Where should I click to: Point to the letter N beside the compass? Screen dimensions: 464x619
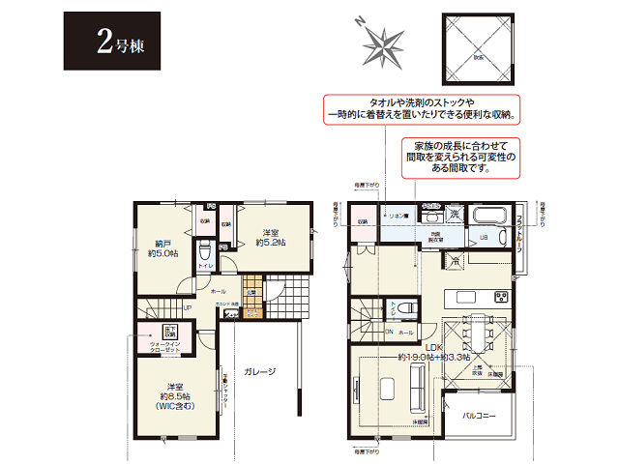point(358,21)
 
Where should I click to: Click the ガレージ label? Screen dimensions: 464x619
point(258,370)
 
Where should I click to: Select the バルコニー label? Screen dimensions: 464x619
point(479,415)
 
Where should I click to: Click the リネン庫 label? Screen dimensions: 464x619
point(398,217)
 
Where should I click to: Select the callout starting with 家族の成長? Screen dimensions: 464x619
point(458,155)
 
